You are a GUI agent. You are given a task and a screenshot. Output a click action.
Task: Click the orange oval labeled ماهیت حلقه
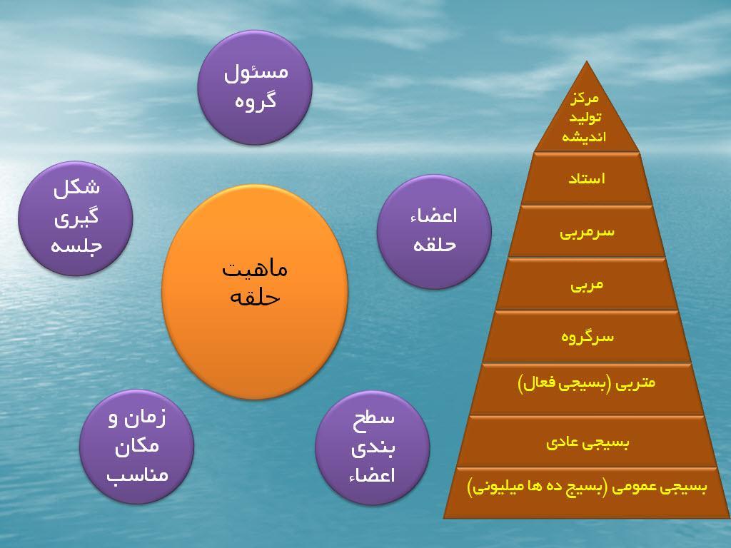[x=255, y=292]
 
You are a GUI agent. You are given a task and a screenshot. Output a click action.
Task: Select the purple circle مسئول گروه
[x=255, y=88]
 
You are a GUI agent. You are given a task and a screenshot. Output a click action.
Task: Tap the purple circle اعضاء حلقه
[x=434, y=232]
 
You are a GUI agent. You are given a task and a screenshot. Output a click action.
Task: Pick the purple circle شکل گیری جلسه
[x=76, y=218]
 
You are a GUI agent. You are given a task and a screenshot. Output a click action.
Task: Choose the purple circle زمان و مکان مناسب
[x=136, y=447]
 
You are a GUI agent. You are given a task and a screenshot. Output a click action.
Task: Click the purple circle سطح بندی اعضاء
[x=372, y=447]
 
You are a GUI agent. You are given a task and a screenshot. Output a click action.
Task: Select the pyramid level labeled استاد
[x=586, y=179]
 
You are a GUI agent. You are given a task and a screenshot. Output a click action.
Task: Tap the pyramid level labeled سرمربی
[x=586, y=232]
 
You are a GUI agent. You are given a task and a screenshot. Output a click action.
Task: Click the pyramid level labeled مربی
[x=586, y=284]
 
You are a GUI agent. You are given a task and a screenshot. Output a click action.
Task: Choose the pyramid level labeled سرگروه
[x=586, y=337]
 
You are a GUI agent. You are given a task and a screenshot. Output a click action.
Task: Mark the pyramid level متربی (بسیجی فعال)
[x=586, y=390]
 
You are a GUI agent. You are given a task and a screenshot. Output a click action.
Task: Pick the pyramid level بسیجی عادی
[x=586, y=442]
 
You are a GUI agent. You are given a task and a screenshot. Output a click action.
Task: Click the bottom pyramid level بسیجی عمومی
[x=586, y=493]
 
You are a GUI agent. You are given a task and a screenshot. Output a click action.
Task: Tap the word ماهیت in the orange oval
[x=255, y=269]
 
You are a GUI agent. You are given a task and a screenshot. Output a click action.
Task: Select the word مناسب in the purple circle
[x=137, y=475]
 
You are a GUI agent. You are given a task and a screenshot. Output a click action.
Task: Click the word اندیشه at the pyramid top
[x=584, y=136]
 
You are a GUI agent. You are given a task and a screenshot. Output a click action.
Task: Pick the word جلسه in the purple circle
[x=76, y=246]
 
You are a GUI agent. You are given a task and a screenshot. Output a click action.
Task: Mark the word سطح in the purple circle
[x=373, y=418]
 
